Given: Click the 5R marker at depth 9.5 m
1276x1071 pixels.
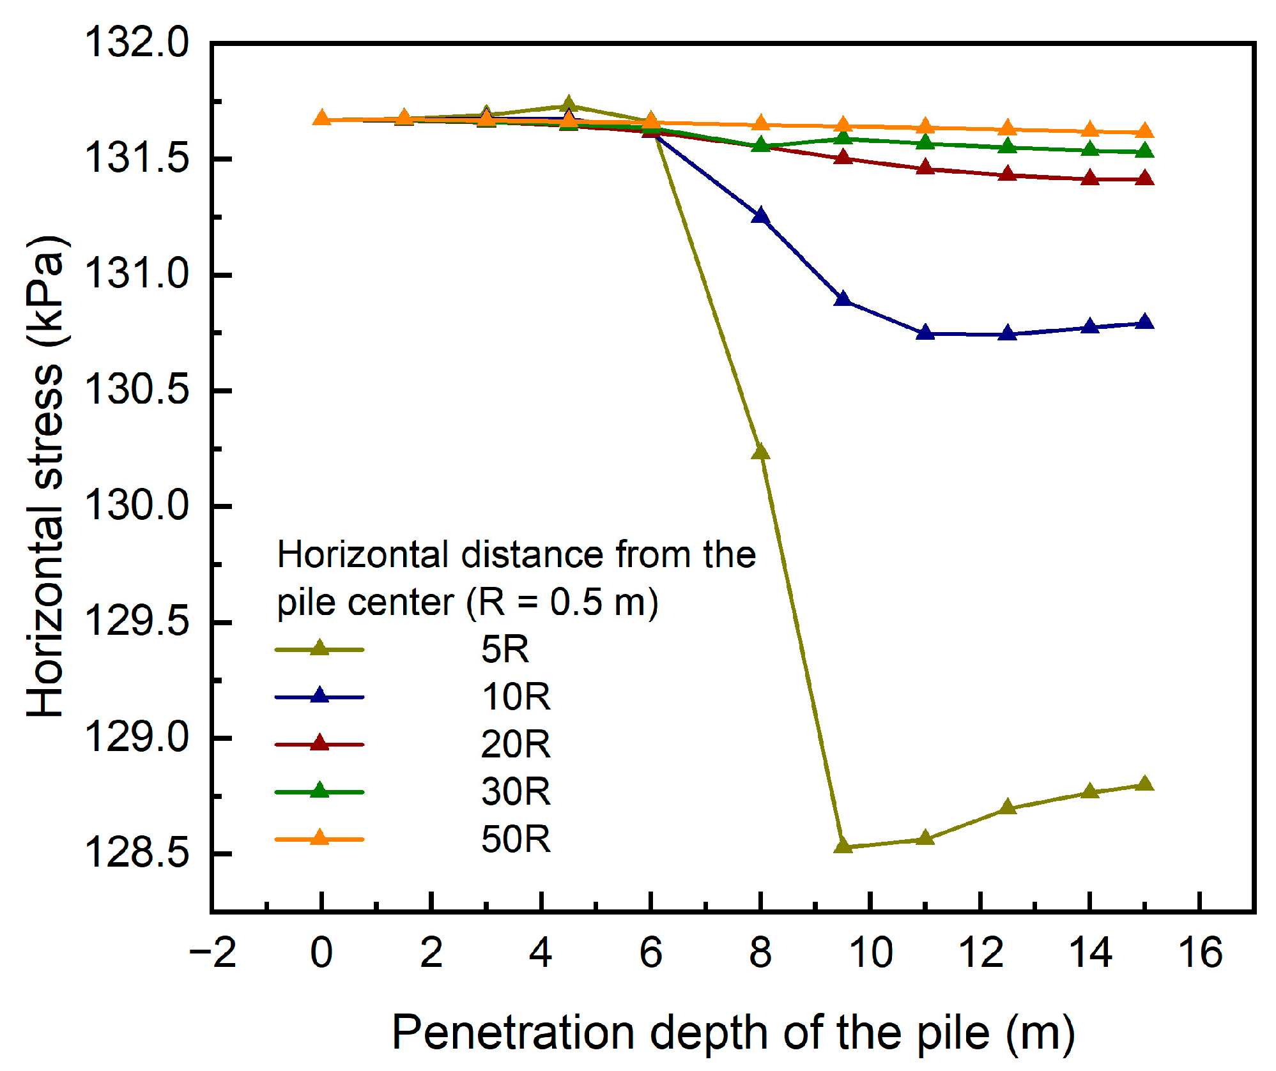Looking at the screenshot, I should (x=843, y=846).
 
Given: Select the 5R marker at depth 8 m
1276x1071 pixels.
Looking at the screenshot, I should (x=760, y=452).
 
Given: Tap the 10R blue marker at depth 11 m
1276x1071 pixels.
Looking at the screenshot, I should (x=925, y=333).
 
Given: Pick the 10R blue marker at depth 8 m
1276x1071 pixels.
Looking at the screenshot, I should (x=760, y=216).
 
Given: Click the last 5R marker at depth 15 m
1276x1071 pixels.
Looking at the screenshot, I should (x=1144, y=784).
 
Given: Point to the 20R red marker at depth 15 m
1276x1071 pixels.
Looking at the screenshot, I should (x=1144, y=178).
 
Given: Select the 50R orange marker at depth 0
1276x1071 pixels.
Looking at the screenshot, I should (x=321, y=118).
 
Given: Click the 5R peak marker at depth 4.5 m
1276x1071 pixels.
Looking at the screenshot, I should (x=568, y=105).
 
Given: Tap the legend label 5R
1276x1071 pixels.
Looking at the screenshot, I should (x=505, y=649).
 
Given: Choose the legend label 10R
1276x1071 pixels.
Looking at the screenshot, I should (x=516, y=697).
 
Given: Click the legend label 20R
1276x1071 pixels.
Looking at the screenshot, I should (x=516, y=744).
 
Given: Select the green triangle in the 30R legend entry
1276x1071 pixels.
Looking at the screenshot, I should (x=319, y=791).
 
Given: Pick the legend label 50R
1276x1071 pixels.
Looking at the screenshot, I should (x=516, y=839).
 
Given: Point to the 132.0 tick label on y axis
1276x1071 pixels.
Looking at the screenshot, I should (x=137, y=43).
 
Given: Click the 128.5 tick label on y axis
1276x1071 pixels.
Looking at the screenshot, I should (x=137, y=853).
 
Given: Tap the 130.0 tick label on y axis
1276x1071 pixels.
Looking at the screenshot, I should (x=137, y=506).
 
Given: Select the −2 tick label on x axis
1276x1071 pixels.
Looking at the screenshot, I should (x=213, y=953).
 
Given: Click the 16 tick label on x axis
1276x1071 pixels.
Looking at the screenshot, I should (x=1200, y=953).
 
